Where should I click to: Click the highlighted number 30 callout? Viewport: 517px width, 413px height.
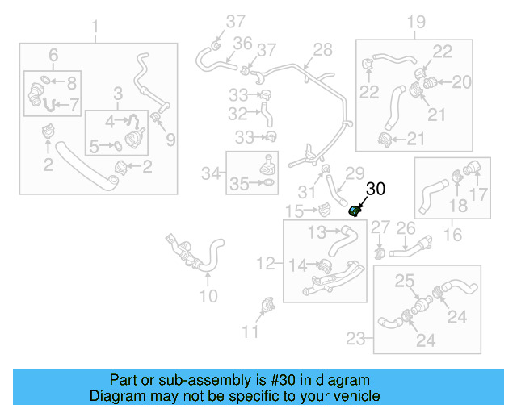pyautogui.click(x=376, y=190)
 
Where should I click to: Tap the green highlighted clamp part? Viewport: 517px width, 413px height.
pyautogui.click(x=354, y=211)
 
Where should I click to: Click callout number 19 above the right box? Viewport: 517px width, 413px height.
pyautogui.click(x=415, y=23)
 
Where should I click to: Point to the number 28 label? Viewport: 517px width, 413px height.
pyautogui.click(x=322, y=50)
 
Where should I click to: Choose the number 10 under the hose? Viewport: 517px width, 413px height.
pyautogui.click(x=208, y=296)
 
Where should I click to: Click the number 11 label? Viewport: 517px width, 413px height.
pyautogui.click(x=251, y=331)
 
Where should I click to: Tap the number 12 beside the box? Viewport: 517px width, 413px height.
pyautogui.click(x=266, y=263)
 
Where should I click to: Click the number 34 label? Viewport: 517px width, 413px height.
pyautogui.click(x=211, y=173)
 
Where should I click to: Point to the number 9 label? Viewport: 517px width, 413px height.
pyautogui.click(x=170, y=140)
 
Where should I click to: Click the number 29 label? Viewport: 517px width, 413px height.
pyautogui.click(x=356, y=173)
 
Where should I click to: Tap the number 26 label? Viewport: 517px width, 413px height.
pyautogui.click(x=406, y=229)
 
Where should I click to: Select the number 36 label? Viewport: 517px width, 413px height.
pyautogui.click(x=242, y=44)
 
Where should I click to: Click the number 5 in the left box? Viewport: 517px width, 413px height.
pyautogui.click(x=94, y=147)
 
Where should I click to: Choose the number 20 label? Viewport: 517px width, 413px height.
pyautogui.click(x=461, y=81)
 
